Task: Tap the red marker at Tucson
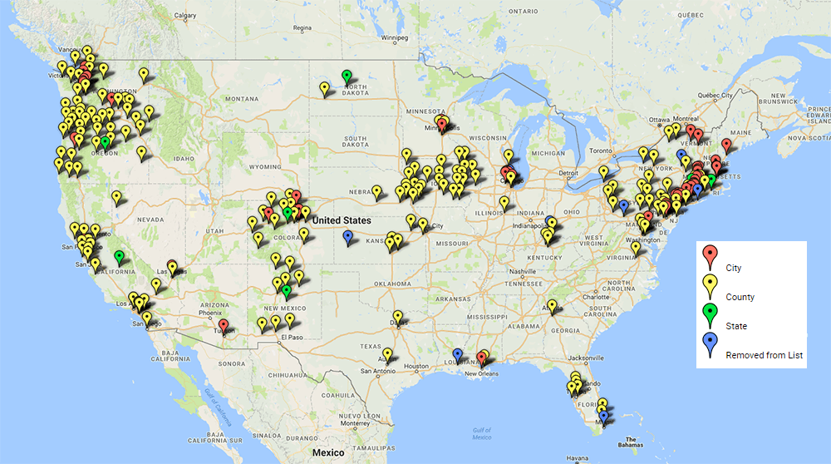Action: (x=224, y=325)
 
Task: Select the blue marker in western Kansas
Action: (x=347, y=237)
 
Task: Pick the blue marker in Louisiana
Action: (x=457, y=355)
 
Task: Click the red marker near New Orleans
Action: (x=482, y=358)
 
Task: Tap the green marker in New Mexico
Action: (x=287, y=291)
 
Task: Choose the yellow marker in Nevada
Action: (x=116, y=197)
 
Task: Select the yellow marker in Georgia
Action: (x=553, y=306)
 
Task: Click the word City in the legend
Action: (x=733, y=268)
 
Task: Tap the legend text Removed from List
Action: (x=765, y=355)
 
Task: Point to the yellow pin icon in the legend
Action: (x=710, y=284)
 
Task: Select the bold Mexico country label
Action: (x=328, y=452)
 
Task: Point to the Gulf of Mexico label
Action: (x=481, y=432)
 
